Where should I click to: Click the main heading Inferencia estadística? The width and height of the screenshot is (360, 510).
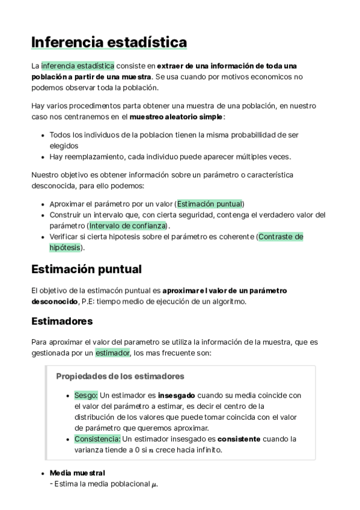[x=109, y=43]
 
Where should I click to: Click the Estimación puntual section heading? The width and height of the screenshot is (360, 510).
[x=87, y=268]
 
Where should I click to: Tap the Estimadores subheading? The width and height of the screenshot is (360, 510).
[x=62, y=321]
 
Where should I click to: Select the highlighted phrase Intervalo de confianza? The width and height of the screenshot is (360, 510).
[x=127, y=226]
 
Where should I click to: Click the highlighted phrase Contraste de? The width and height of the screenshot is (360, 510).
[x=281, y=236]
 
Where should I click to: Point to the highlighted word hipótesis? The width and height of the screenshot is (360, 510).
[x=64, y=247]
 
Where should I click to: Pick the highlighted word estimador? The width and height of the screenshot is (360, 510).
[x=112, y=353]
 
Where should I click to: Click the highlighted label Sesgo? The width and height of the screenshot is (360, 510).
[x=86, y=395]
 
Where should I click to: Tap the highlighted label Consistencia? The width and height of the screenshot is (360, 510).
[x=97, y=438]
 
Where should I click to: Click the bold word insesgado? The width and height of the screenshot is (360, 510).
[x=177, y=395]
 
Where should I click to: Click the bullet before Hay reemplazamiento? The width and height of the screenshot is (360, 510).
[x=42, y=157]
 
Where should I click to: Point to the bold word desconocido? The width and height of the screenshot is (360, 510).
[x=55, y=301]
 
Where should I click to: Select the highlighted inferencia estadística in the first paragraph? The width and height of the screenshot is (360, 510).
[x=78, y=66]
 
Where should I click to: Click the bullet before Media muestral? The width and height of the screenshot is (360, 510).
[x=42, y=473]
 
